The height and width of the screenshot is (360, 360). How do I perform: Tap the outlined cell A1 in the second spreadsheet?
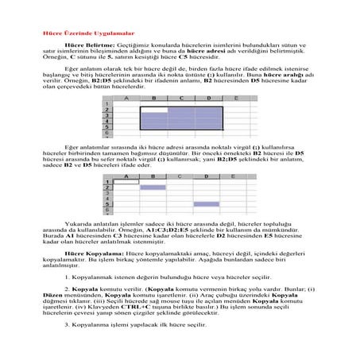coord(127,181)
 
